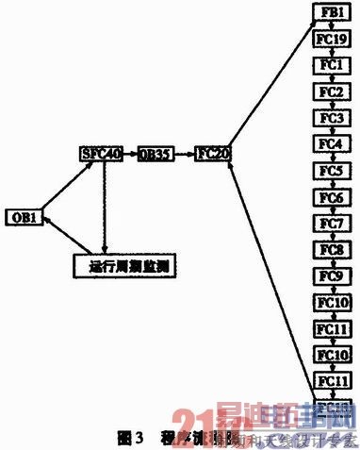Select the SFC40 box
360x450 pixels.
tap(100, 153)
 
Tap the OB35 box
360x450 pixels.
tap(155, 153)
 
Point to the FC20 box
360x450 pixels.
tap(213, 153)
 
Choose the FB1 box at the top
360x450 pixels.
tap(331, 12)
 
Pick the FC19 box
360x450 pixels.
tap(331, 39)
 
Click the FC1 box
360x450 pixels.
tap(331, 65)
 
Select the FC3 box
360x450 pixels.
tap(331, 118)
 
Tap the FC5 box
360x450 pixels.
tap(331, 171)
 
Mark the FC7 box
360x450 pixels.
tap(331, 224)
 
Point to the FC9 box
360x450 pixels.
tap(331, 276)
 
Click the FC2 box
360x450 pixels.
tap(331, 92)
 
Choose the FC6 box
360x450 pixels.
tap(331, 197)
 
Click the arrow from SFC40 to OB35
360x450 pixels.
tap(130, 153)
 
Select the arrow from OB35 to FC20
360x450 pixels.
tap(185, 153)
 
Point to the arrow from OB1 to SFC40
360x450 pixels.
tap(62, 184)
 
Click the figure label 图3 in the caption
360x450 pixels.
tap(128, 438)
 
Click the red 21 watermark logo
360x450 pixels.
tap(188, 425)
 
